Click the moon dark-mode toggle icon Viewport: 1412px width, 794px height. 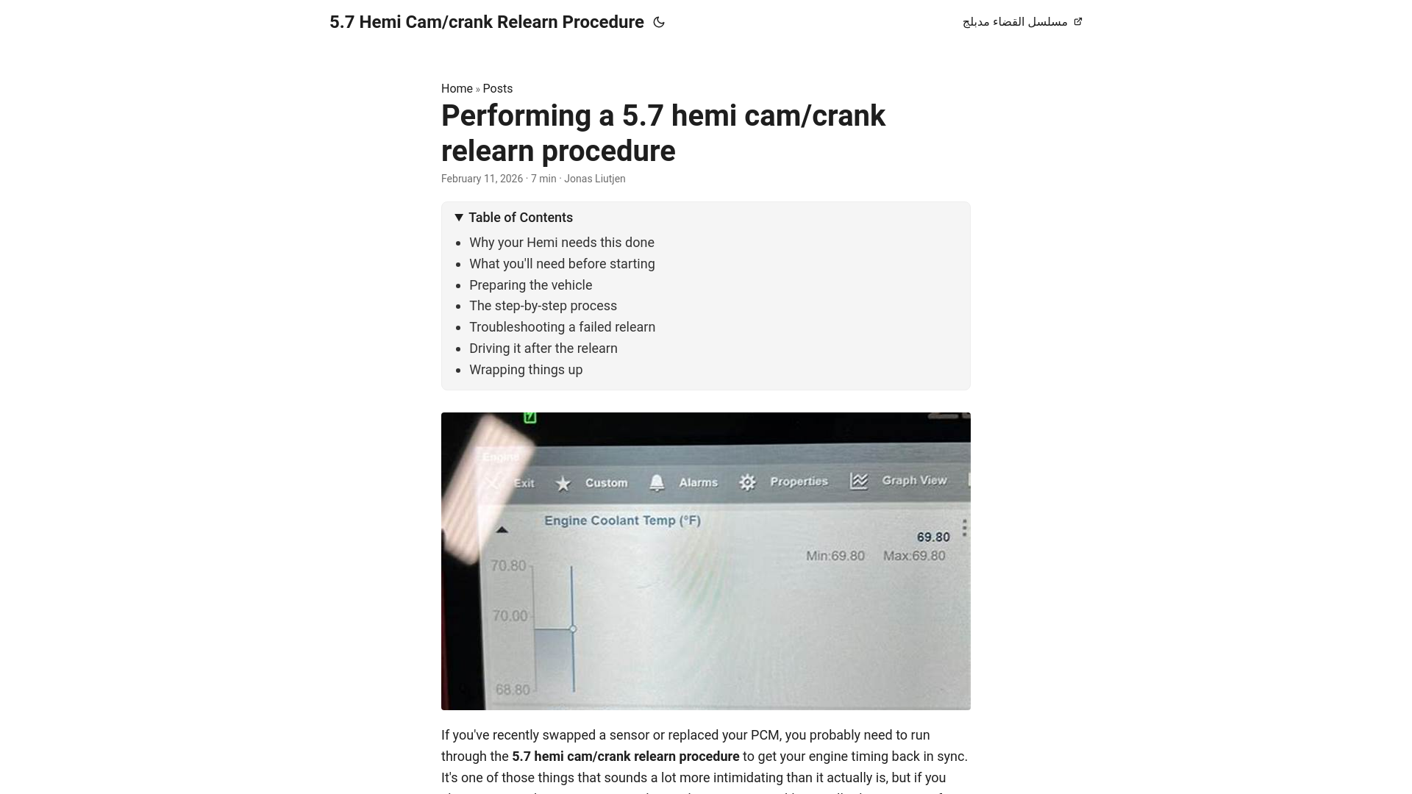coord(659,23)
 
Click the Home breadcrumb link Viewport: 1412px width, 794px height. coord(457,89)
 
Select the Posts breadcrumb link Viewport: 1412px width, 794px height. coord(497,89)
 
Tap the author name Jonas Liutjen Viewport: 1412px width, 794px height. coord(594,179)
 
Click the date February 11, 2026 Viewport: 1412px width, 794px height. coord(482,179)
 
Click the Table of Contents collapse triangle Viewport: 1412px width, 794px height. coord(459,218)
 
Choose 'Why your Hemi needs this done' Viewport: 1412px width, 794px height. coord(561,243)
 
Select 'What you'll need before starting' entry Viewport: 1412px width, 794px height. coord(562,264)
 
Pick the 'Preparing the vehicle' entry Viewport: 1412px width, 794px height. coord(530,285)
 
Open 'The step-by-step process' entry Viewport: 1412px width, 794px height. coord(543,306)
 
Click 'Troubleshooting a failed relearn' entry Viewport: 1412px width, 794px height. coord(562,327)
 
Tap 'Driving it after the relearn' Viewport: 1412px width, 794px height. coord(543,348)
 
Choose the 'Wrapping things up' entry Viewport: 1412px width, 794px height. coord(526,370)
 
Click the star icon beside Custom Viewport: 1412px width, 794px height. coord(563,484)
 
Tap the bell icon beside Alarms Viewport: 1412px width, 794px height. coord(657,482)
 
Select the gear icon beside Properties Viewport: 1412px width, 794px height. coord(747,482)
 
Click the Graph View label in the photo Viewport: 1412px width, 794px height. coord(914,480)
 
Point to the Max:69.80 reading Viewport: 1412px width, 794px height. coord(914,556)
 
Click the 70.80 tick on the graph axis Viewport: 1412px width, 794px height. coord(509,565)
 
